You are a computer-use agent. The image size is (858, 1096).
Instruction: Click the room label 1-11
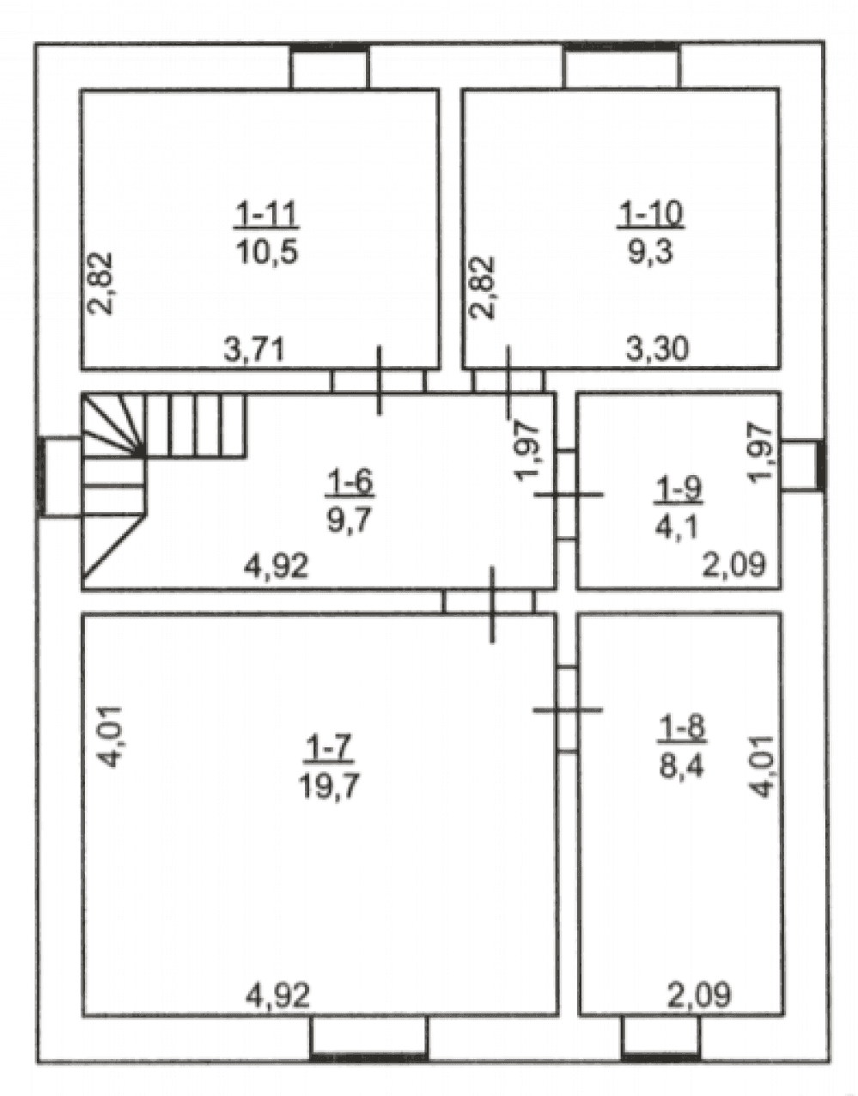[266, 215]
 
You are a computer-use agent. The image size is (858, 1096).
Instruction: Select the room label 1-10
[650, 215]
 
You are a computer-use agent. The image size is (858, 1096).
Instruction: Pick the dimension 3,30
[657, 348]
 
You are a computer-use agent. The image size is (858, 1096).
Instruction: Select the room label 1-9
[678, 490]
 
